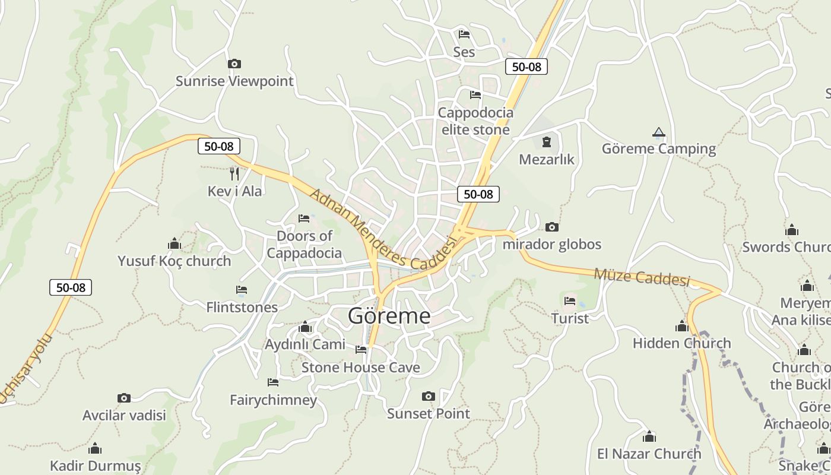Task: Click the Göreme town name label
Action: click(389, 316)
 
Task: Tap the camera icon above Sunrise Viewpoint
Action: click(234, 64)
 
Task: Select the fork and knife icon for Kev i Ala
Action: click(234, 173)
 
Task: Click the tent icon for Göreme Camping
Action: click(658, 132)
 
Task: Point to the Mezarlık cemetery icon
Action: click(546, 142)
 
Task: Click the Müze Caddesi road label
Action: click(642, 277)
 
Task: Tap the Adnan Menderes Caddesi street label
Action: click(383, 229)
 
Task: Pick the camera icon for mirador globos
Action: click(551, 227)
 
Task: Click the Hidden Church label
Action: click(681, 343)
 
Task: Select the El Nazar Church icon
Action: click(649, 437)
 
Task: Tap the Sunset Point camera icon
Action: click(428, 396)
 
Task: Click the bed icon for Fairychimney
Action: click(273, 382)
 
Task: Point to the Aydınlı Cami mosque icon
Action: click(305, 327)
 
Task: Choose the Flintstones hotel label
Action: click(242, 308)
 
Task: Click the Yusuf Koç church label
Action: click(174, 261)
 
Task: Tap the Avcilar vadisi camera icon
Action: click(123, 398)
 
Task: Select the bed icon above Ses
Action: click(464, 34)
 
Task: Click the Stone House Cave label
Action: click(360, 368)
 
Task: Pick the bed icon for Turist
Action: click(570, 300)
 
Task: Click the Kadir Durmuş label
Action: click(95, 465)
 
